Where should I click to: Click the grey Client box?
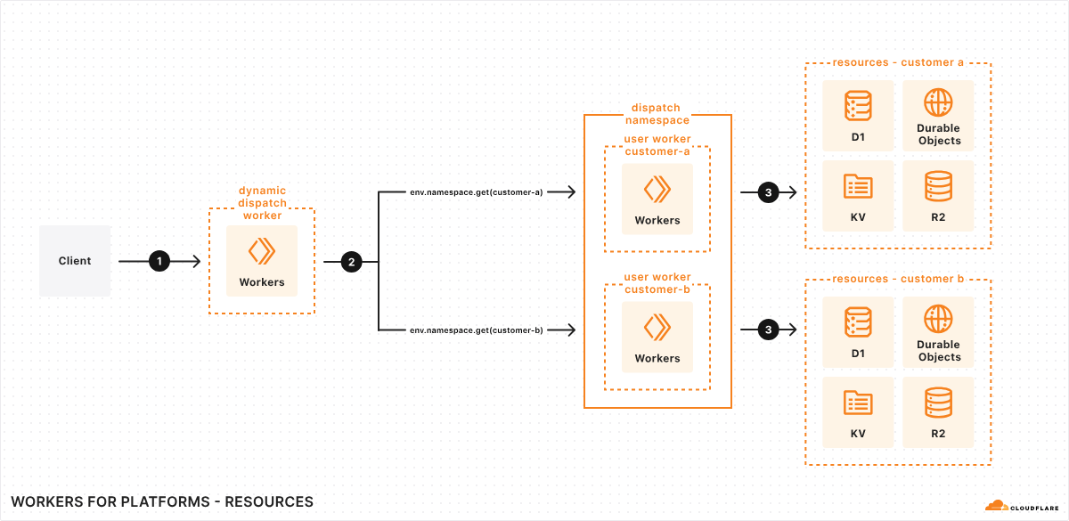(x=75, y=261)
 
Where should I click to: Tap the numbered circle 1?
(x=159, y=262)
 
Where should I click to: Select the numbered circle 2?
(x=351, y=262)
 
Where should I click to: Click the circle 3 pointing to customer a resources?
(x=768, y=191)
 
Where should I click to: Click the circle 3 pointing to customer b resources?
(x=768, y=330)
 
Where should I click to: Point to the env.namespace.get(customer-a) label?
(x=477, y=191)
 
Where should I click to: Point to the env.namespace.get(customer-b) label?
(x=477, y=330)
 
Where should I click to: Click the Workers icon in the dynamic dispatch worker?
(x=262, y=251)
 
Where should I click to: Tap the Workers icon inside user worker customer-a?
(x=657, y=189)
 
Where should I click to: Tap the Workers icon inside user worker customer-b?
(x=657, y=327)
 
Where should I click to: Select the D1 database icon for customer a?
(x=858, y=105)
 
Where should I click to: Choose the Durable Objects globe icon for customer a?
(x=939, y=102)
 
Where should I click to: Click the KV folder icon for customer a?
(x=858, y=186)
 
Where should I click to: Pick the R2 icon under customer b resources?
(x=939, y=403)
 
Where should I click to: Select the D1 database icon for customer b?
(x=858, y=322)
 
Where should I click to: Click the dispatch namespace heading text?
(x=657, y=114)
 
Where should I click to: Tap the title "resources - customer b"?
(x=898, y=279)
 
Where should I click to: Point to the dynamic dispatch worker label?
(x=262, y=203)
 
